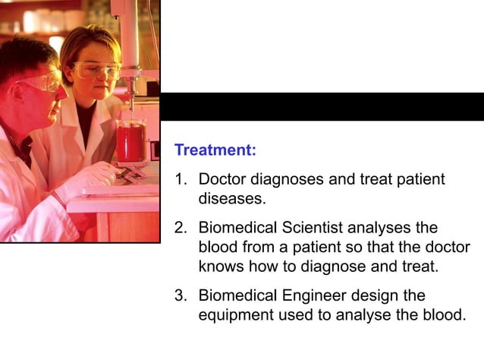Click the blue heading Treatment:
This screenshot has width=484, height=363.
tap(215, 150)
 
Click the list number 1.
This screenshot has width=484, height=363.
tap(180, 180)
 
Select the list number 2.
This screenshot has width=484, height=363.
tap(180, 228)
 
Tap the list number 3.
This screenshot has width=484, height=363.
tap(180, 295)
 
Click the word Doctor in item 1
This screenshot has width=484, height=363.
tap(223, 180)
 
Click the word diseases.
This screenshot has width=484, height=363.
tap(232, 199)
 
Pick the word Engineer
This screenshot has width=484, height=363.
tap(319, 296)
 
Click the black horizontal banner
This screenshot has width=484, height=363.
tap(322, 107)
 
